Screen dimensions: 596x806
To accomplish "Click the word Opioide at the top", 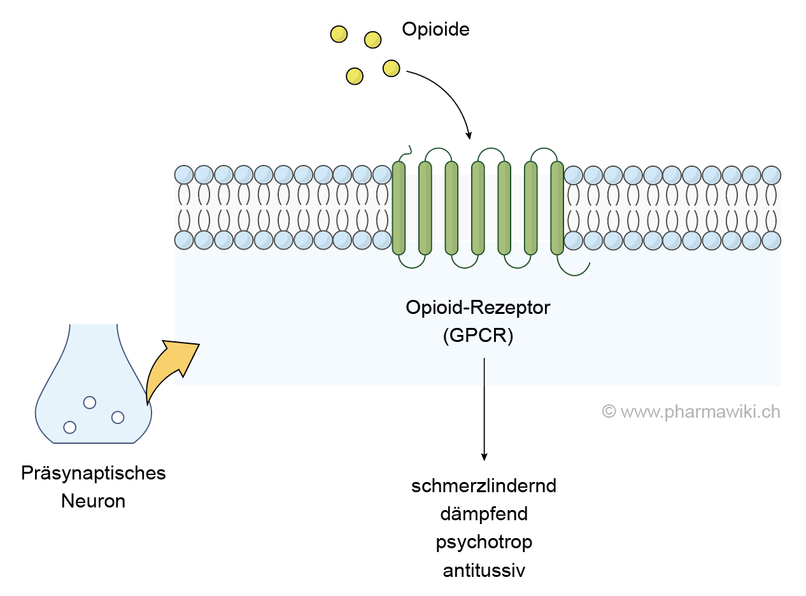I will tap(435, 29).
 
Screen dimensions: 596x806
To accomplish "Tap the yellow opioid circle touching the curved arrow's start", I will tap(391, 68).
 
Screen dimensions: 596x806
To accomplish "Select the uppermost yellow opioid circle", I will tap(339, 34).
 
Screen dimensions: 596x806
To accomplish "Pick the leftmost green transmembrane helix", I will tap(399, 208).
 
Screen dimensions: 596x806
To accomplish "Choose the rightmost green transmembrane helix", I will tap(557, 208).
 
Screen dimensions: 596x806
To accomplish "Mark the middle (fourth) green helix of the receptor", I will tap(477, 208).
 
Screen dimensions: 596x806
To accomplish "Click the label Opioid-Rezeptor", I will tap(477, 308).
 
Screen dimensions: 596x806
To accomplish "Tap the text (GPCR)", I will tap(477, 336).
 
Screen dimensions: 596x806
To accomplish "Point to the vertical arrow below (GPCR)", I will tap(484, 408).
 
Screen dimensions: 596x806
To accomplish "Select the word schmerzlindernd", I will tap(484, 486).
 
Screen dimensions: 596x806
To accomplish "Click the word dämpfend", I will tap(484, 514).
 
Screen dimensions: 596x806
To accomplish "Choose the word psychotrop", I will tap(484, 542).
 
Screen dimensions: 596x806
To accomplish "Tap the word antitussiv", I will tap(484, 570).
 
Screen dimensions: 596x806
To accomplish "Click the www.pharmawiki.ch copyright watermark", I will tap(691, 412).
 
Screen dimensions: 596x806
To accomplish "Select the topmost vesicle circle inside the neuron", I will tap(90, 402).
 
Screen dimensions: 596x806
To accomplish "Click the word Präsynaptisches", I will tap(94, 474).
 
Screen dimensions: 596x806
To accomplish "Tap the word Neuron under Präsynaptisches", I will tap(94, 501).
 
